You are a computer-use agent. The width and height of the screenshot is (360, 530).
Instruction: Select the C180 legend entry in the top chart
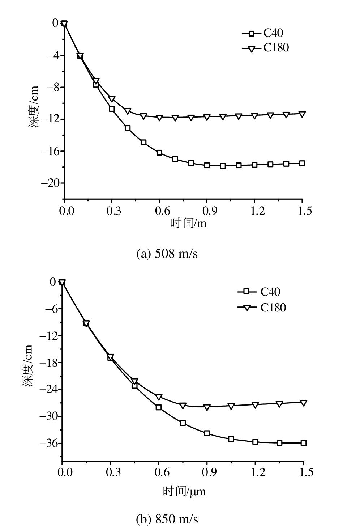pos(266,48)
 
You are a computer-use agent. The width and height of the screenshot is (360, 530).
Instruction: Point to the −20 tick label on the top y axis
pos(50,183)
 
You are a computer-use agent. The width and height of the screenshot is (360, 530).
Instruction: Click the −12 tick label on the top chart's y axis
pos(50,119)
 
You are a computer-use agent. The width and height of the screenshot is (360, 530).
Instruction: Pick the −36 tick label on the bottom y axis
pos(48,444)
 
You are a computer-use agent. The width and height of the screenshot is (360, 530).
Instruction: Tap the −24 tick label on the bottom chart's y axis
pos(48,390)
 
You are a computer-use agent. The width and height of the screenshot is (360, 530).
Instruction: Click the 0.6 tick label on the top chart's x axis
pos(159,211)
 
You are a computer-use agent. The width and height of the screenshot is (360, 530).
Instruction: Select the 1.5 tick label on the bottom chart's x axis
pos(304,472)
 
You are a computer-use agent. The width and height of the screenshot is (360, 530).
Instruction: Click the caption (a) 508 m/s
pos(167,254)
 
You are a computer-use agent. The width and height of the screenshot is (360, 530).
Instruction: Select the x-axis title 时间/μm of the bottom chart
pos(184,491)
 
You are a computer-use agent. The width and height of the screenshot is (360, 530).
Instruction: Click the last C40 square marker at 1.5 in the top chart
pos(302,163)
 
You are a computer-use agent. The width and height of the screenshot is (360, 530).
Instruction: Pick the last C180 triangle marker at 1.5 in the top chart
pos(302,114)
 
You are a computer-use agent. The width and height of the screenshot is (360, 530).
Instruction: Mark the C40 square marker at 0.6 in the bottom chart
pos(159,407)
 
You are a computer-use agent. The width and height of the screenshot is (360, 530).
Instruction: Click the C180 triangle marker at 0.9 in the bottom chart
pos(207,407)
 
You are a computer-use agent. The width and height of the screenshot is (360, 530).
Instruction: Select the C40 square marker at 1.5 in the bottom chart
pos(304,443)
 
